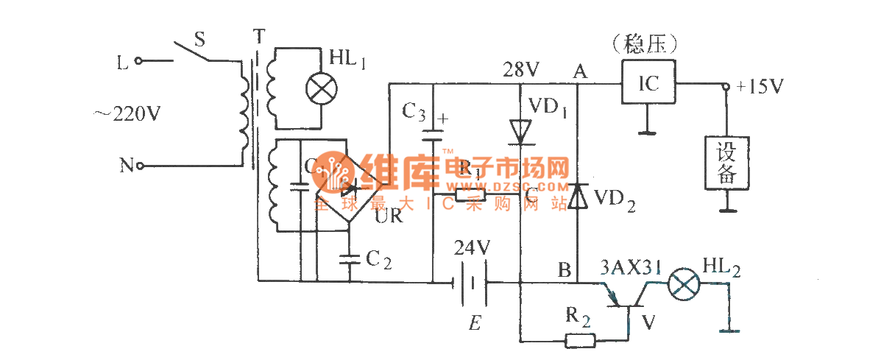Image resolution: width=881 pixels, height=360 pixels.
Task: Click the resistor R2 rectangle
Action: point(580,341)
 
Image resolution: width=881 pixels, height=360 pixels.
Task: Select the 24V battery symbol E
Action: point(471,282)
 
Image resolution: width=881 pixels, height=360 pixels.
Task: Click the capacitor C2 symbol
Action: point(348,258)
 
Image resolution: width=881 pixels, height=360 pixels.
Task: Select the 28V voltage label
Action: point(521,70)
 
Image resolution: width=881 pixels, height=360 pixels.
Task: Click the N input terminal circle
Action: point(138,166)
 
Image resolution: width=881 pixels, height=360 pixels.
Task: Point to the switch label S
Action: point(198,38)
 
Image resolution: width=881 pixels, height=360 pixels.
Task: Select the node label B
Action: point(565,270)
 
